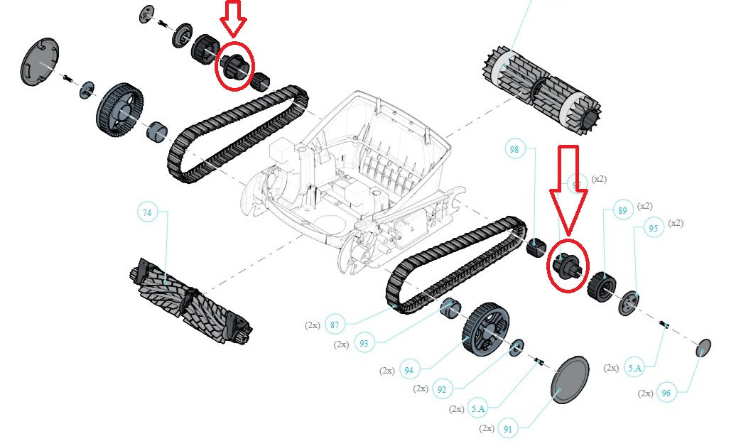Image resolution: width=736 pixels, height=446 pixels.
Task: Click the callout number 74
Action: pos(147,212)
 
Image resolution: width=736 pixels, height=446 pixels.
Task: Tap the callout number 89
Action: pos(622,210)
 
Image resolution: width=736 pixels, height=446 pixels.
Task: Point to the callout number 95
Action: pos(654,228)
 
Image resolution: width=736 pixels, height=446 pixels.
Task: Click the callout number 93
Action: pos(364,344)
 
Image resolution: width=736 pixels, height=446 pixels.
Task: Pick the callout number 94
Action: pos(408,370)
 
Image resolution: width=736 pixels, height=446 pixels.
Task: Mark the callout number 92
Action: pos(442,389)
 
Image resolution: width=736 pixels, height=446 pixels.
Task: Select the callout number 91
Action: pos(507,429)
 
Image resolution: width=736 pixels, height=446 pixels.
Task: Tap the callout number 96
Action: pos(666,393)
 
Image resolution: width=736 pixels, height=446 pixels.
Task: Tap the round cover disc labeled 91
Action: pos(570,381)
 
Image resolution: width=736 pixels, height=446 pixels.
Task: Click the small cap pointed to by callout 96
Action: pos(703,347)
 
